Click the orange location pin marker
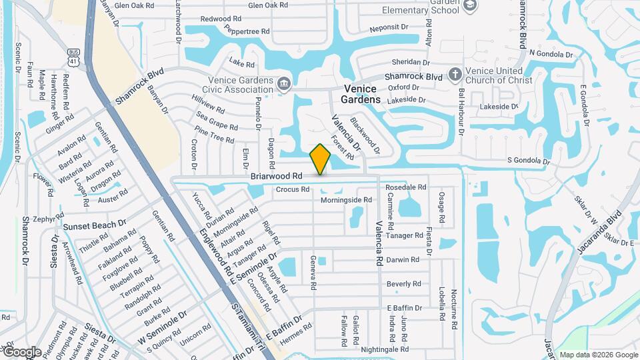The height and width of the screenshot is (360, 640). (x=321, y=159)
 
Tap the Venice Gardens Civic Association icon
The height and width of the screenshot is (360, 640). (x=285, y=83)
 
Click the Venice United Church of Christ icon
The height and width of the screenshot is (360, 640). (x=455, y=73)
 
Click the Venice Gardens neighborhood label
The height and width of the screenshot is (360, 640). (x=360, y=94)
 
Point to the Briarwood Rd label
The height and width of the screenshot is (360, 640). (x=277, y=176)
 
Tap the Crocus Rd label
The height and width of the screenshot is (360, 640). (x=293, y=189)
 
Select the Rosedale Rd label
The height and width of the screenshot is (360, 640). (x=405, y=187)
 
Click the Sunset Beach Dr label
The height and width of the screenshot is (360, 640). (x=95, y=226)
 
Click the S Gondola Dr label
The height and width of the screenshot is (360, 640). (x=528, y=161)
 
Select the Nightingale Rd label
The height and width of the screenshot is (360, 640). (x=385, y=349)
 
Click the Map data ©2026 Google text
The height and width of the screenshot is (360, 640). (x=599, y=355)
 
